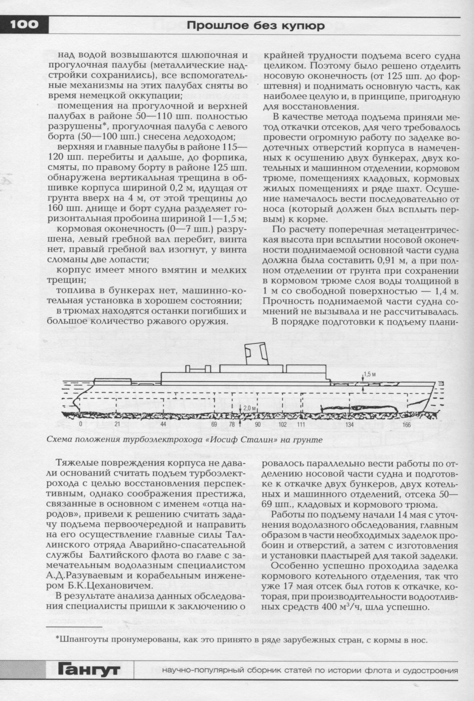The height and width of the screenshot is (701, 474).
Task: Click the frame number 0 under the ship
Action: click(80, 425)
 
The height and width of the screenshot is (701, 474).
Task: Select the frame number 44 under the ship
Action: click(163, 425)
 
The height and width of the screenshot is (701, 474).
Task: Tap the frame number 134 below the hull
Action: click(349, 425)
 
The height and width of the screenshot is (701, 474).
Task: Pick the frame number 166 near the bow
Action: click(406, 425)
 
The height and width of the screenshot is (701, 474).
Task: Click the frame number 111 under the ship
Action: click(301, 425)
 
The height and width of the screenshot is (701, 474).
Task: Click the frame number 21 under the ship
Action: click(117, 425)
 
